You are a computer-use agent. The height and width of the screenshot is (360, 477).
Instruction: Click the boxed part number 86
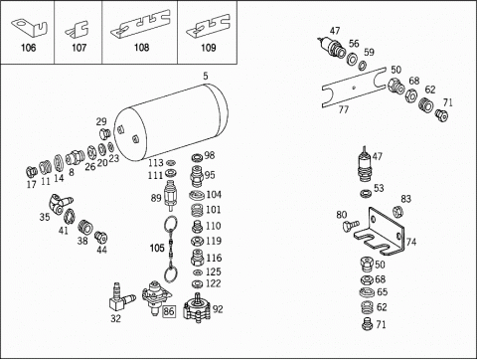click(x=169, y=311)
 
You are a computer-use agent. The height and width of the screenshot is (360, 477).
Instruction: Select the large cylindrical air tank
click(x=171, y=122)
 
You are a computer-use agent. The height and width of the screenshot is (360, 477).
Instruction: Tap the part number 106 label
click(x=28, y=48)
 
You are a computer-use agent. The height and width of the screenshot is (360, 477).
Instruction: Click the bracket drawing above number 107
click(x=77, y=29)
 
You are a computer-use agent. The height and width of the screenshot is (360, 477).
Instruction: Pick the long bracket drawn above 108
click(x=140, y=23)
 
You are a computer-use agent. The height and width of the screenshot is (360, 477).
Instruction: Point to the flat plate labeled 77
click(x=354, y=88)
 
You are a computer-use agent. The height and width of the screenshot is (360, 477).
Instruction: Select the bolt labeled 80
click(x=351, y=226)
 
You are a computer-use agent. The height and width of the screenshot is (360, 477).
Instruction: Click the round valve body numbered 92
click(x=198, y=307)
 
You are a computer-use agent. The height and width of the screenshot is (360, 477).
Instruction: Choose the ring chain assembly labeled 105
click(x=171, y=250)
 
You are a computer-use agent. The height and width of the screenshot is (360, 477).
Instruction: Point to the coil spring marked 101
click(x=197, y=211)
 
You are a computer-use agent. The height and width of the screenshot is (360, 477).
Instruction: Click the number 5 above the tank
click(x=206, y=76)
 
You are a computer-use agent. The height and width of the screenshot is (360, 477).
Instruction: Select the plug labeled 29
click(x=104, y=134)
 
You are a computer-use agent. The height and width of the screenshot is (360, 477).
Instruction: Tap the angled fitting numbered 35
click(x=61, y=204)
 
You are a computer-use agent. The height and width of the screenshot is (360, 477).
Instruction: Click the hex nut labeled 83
click(x=397, y=211)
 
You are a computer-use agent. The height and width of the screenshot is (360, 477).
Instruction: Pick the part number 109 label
click(x=209, y=48)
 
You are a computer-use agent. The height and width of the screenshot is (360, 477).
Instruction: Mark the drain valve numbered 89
click(x=170, y=196)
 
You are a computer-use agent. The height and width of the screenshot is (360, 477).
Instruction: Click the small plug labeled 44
click(x=100, y=237)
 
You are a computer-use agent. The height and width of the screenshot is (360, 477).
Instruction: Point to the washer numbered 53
click(x=366, y=193)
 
